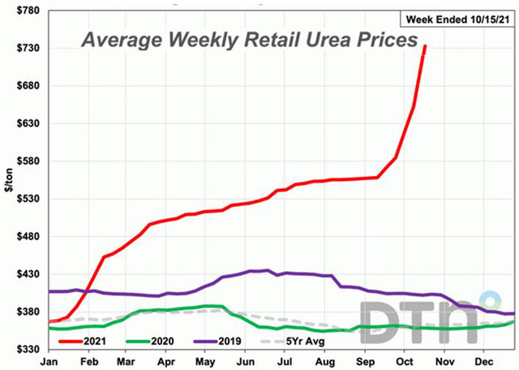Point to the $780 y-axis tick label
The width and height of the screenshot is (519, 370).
click(x=27, y=11)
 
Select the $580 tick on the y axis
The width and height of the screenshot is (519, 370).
click(x=27, y=161)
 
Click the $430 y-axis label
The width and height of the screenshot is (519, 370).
click(x=27, y=274)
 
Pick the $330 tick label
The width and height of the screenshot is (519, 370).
click(x=27, y=350)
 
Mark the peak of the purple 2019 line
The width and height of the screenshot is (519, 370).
click(x=267, y=270)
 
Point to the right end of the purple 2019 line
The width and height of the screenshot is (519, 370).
click(x=513, y=313)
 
